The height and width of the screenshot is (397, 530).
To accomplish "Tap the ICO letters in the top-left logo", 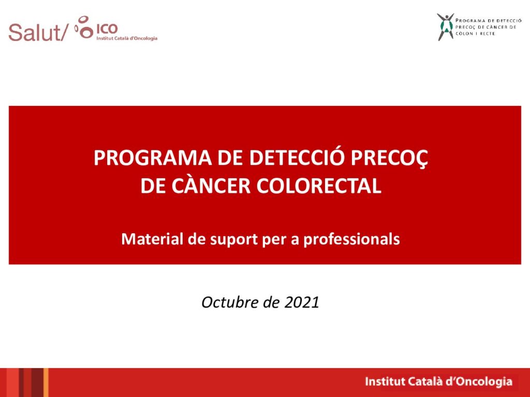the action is tap(107, 29).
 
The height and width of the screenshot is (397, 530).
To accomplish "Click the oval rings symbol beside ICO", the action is tap(84, 27).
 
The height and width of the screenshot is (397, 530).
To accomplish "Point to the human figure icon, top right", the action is tap(445, 27).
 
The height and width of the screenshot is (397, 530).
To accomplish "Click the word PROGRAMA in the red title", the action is tap(153, 158).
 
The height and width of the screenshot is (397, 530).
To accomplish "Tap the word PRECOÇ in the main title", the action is tap(389, 158).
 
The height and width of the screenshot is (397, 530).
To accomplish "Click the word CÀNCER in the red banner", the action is tap(211, 185).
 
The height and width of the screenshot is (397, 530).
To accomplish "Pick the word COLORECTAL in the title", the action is tap(319, 186).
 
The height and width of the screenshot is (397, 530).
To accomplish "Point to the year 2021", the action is tap(302, 302).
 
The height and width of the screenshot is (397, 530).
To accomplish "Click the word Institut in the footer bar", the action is tap(385, 381).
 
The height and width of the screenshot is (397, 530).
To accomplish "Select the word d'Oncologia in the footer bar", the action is tap(479, 381).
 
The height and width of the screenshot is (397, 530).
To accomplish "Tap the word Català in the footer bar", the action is tap(425, 381).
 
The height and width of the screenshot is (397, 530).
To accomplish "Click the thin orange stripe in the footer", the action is tap(46, 383).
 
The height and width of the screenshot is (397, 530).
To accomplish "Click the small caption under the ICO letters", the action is tap(127, 38).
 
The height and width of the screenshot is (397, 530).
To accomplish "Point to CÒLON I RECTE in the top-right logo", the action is tap(475, 34).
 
